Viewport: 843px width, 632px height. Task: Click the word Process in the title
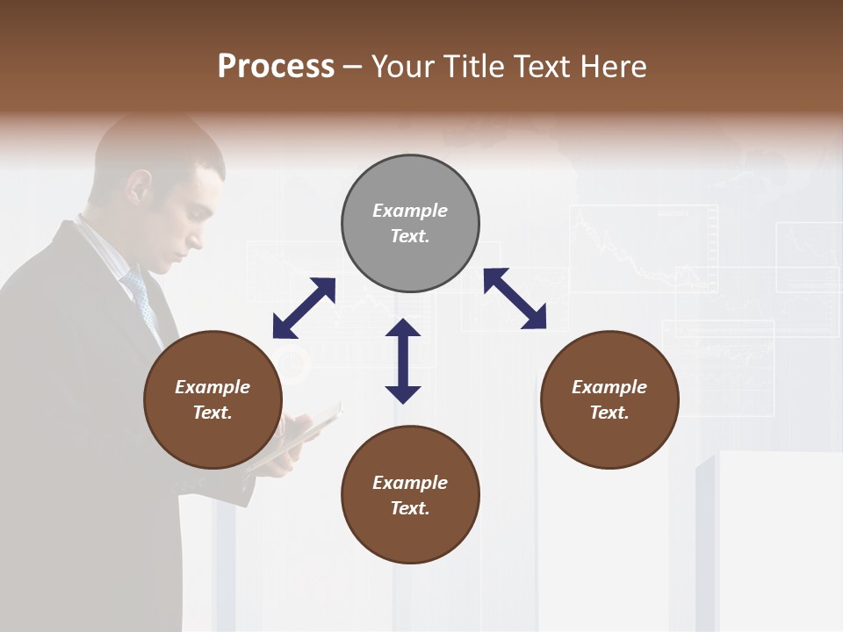coord(276,67)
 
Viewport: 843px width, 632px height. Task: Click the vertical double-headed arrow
coord(403,362)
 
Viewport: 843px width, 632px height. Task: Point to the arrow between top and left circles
coord(304,308)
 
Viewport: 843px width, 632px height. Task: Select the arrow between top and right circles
coord(515,298)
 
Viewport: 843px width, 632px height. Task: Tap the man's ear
coord(139,187)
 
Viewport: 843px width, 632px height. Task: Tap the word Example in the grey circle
coord(410,211)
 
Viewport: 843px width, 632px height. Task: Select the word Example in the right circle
coord(609,387)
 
